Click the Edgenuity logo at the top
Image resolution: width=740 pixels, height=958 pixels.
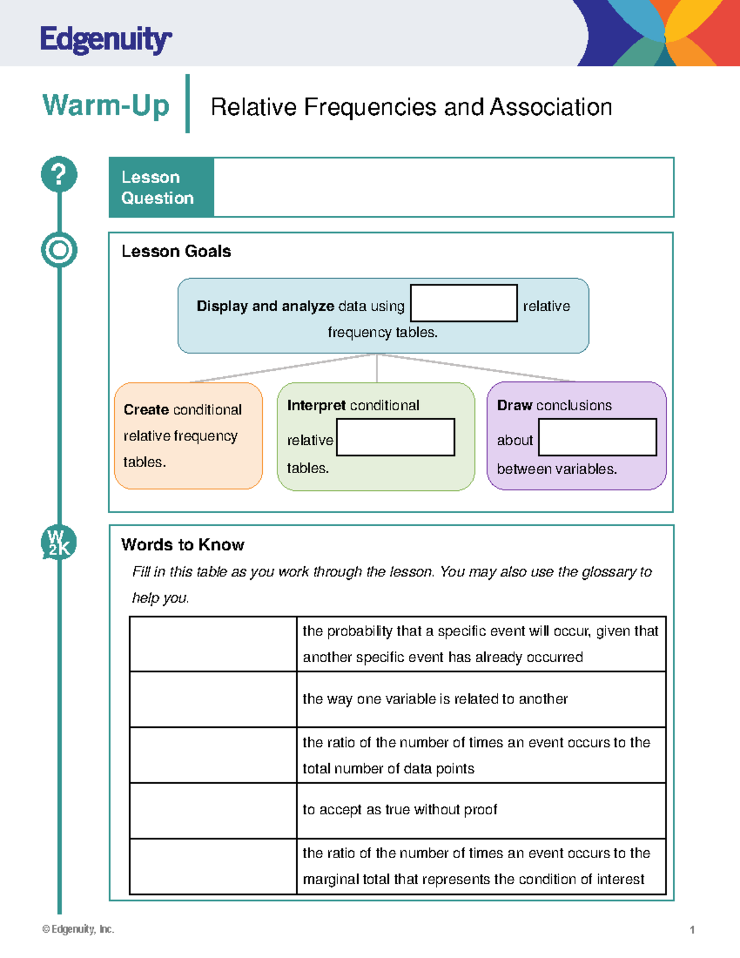pos(105,40)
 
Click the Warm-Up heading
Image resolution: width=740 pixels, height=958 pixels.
pos(105,105)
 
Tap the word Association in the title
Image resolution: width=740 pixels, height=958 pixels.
pos(551,107)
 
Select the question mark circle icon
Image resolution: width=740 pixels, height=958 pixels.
pos(59,174)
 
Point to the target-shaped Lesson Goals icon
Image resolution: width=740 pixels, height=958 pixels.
pos(59,250)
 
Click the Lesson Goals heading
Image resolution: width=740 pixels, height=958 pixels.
pos(176,251)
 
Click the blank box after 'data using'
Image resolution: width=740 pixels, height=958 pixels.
pos(464,303)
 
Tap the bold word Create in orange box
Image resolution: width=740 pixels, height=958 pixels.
pos(146,410)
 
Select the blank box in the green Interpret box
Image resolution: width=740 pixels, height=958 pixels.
pos(395,437)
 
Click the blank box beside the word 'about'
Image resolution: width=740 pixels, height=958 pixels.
pos(597,437)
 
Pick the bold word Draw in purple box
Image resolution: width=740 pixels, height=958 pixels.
pos(514,405)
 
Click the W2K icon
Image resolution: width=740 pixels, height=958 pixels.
pos(59,543)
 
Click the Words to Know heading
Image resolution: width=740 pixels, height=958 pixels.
pos(183,545)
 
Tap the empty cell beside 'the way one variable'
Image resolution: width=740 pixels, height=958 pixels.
pos(213,699)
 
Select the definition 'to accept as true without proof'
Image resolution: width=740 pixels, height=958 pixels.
pos(400,809)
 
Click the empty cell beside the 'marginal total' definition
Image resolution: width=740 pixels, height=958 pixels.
pos(213,866)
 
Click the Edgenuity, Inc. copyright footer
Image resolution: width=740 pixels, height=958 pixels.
pos(78,929)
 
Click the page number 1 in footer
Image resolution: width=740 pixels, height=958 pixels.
pos(692,930)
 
